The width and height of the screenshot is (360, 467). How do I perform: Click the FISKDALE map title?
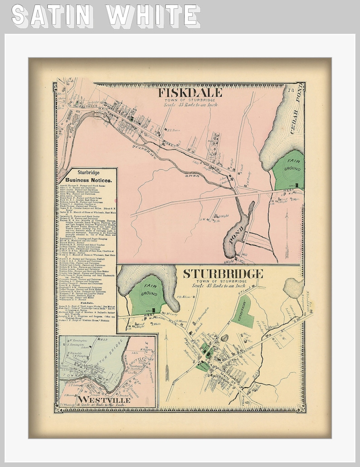click(190, 93)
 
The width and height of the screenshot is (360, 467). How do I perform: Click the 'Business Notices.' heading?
click(88, 180)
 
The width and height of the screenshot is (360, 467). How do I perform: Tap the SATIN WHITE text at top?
click(106, 15)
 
